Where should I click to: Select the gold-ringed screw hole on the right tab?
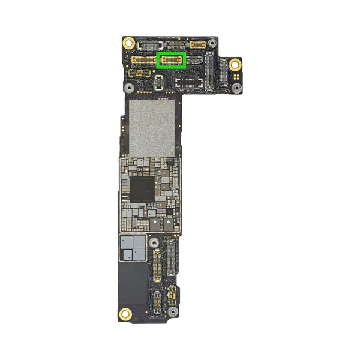click(235, 64)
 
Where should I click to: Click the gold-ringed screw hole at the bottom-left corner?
click(126, 313)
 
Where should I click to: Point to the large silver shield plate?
click(152, 127)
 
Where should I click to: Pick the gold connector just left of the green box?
click(143, 60)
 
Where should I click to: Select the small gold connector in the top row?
click(197, 44)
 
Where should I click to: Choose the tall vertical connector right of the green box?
click(209, 71)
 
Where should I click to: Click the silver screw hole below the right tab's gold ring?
click(238, 88)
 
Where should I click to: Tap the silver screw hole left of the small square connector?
click(128, 86)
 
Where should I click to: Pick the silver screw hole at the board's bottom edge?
click(172, 313)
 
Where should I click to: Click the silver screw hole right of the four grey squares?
click(154, 242)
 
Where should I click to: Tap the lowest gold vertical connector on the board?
click(154, 303)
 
